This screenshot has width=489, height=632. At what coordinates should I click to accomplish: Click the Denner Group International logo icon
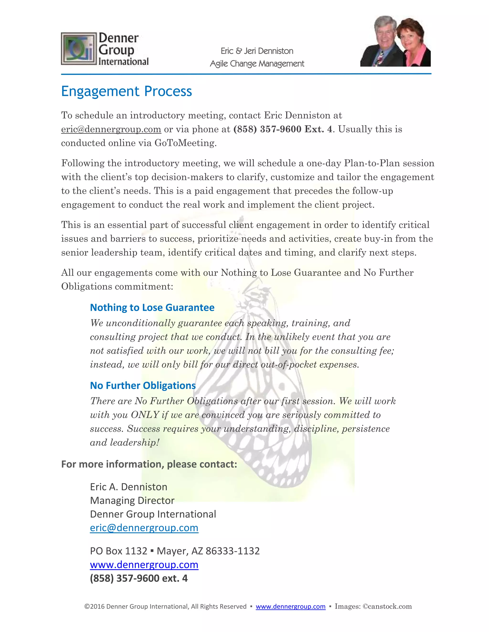click(79, 49)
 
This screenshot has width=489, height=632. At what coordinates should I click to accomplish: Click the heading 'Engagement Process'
click(126, 91)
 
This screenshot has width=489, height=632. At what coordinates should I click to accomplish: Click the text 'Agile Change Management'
click(257, 64)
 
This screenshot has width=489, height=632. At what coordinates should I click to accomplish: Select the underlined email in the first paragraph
click(111, 129)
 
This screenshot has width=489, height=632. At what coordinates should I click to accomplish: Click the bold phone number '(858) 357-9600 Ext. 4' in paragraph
click(283, 129)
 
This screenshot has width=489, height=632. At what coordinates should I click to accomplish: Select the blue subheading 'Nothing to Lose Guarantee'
click(152, 307)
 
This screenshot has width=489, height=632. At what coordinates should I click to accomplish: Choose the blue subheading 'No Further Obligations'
click(143, 385)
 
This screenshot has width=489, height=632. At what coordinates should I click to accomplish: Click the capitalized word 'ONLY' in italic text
click(145, 415)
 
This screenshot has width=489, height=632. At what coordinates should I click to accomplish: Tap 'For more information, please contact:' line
click(149, 464)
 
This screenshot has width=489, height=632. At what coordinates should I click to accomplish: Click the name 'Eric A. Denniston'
click(129, 487)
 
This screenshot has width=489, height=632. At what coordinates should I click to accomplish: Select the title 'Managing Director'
click(132, 500)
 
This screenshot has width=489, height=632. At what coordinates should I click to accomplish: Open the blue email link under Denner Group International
click(144, 528)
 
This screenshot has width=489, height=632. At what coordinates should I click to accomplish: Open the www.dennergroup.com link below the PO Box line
click(144, 565)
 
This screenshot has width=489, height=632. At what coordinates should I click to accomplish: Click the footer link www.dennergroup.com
click(290, 606)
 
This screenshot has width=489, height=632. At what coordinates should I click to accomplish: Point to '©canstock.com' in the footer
click(387, 606)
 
